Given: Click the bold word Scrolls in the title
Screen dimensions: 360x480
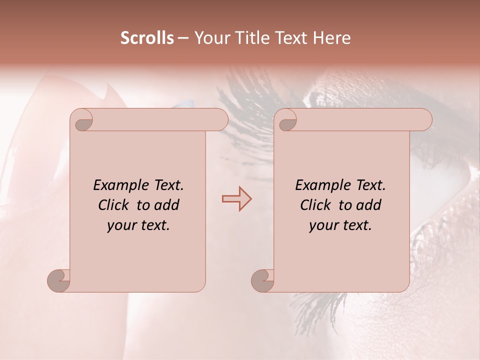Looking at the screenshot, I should click(x=147, y=37).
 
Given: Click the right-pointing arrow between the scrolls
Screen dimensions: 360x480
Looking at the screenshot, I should click(x=236, y=199).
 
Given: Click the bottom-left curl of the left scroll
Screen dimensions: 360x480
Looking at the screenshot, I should click(x=59, y=280).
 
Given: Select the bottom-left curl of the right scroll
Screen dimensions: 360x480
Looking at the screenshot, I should click(x=263, y=280).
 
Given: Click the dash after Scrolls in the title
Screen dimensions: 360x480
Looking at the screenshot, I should click(x=183, y=38).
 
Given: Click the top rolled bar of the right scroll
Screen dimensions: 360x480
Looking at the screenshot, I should click(x=360, y=120).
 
